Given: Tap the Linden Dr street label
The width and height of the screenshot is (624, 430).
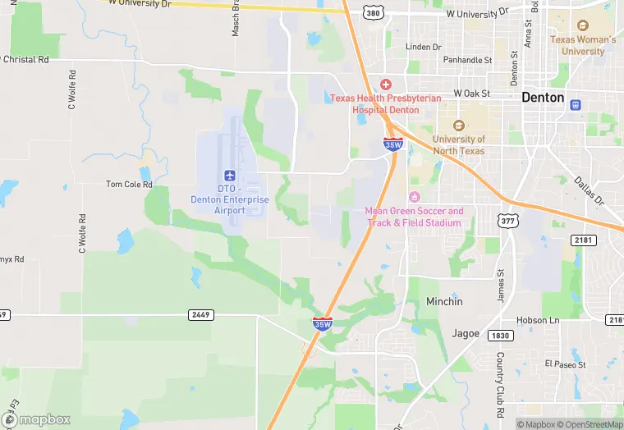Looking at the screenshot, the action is (x=424, y=47).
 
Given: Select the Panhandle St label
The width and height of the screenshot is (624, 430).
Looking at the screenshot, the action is (x=467, y=60).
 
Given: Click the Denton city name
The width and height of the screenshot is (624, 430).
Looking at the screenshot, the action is (x=543, y=98).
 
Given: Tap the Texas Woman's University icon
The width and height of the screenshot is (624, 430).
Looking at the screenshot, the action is (x=583, y=25).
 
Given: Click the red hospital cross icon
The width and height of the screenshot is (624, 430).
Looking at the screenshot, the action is (x=385, y=85).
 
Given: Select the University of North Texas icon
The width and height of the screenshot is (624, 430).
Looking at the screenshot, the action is (x=458, y=126).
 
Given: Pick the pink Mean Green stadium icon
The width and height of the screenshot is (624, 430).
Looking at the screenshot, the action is (x=414, y=196).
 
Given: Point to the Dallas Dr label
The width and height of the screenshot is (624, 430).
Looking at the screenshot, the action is (x=589, y=191).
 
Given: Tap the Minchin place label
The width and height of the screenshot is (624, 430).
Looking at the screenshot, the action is (x=444, y=302).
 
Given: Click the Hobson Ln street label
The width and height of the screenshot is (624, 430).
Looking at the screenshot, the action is (x=537, y=320).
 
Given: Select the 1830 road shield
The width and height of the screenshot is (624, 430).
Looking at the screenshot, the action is (x=500, y=335).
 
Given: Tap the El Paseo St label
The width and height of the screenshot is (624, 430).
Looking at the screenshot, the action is (x=563, y=363).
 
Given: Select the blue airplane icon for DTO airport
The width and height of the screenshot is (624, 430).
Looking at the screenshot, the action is (x=229, y=176).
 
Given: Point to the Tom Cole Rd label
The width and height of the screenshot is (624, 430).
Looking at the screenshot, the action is (x=130, y=185).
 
